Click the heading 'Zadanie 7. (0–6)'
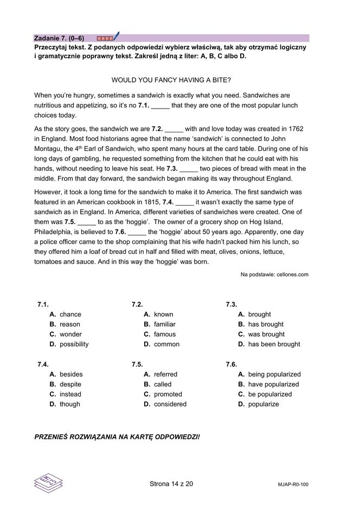coord(59,38)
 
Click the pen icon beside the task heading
coord(116,37)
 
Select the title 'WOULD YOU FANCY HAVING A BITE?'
coord(171,80)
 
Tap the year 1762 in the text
coord(295,129)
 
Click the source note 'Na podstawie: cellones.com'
coord(274,275)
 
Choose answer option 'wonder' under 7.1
coord(70,334)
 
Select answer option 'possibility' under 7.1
coord(74,344)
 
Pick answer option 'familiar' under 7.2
coord(164,325)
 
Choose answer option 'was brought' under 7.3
coord(266,334)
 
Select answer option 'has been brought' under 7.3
coord(274,344)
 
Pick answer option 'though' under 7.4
coord(69,404)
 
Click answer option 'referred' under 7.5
coord(165,374)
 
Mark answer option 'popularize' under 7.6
coord(263,404)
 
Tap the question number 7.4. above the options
coord(43,365)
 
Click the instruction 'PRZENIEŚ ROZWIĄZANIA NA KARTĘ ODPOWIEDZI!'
coord(117,436)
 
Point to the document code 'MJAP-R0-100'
coord(293,485)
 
